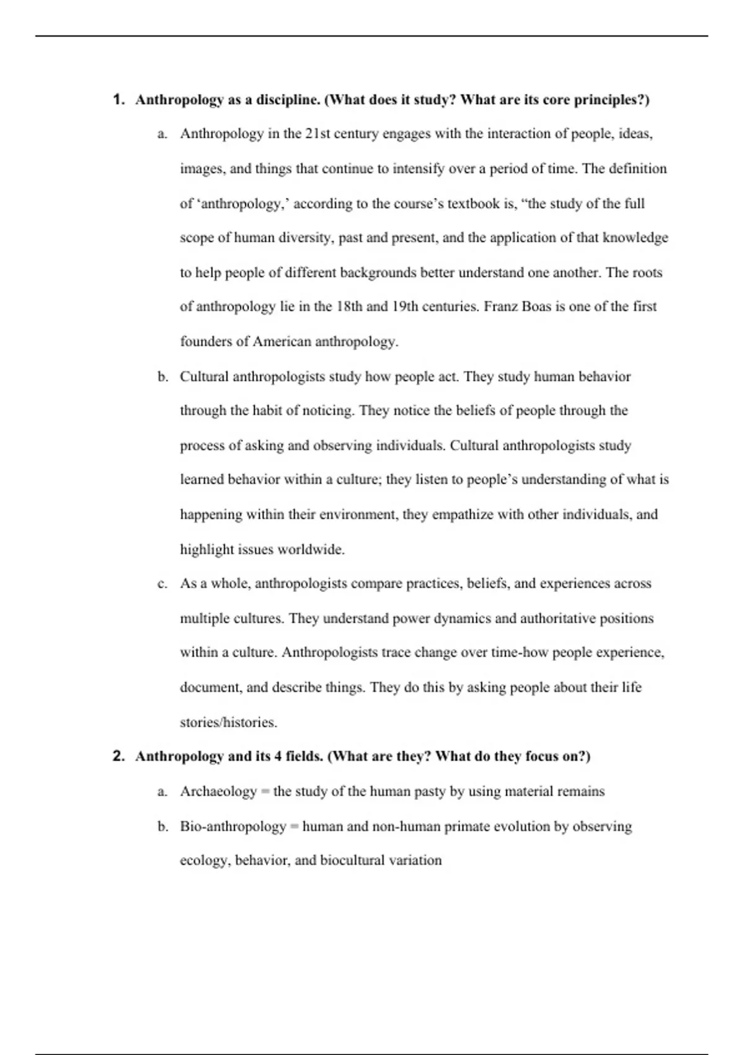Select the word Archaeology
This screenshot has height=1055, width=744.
(218, 791)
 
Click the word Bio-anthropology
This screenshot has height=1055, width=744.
(233, 827)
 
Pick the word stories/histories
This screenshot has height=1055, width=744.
(228, 722)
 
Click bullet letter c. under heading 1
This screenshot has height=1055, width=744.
(162, 584)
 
